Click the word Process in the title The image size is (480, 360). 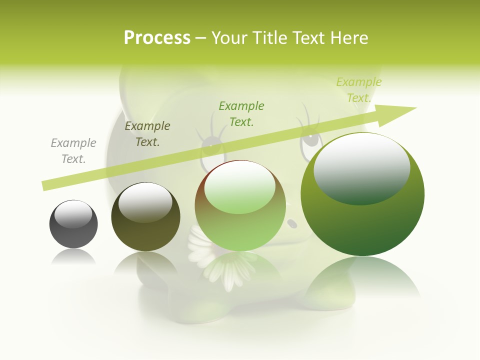157,38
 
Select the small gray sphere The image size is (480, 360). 73,230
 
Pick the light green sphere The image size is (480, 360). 240,225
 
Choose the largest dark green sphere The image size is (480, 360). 362,220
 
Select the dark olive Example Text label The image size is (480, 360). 147,134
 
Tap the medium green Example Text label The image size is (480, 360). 241,114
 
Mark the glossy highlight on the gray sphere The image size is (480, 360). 73,214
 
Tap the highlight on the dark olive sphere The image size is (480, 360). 145,202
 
